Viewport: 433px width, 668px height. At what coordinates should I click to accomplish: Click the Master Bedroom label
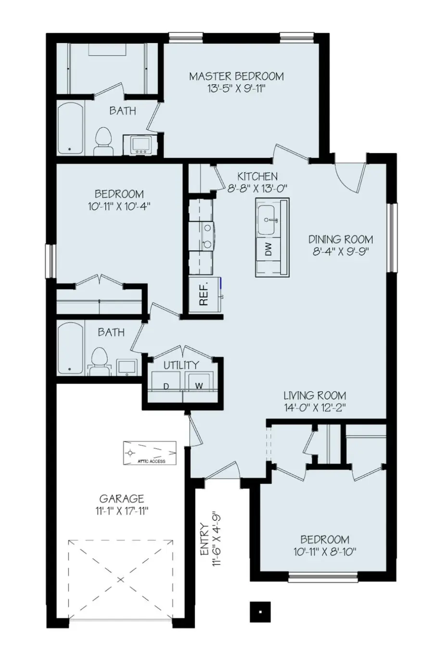[x=236, y=76]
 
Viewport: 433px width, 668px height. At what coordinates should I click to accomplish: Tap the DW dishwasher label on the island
[x=268, y=249]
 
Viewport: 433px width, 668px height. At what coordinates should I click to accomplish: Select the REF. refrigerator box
[x=203, y=295]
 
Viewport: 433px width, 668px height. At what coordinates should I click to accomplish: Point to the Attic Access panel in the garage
[x=150, y=453]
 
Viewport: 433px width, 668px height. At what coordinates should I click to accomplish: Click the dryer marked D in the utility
[x=166, y=386]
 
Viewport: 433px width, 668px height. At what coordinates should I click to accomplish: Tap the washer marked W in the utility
[x=198, y=386]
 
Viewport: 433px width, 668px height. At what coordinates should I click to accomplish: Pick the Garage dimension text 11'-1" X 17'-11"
[x=122, y=510]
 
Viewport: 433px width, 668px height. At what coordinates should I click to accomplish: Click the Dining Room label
[x=340, y=239]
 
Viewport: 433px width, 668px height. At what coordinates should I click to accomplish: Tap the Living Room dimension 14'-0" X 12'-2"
[x=315, y=407]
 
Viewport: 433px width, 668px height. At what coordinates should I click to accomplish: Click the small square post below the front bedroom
[x=260, y=612]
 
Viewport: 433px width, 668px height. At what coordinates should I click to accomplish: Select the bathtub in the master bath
[x=71, y=128]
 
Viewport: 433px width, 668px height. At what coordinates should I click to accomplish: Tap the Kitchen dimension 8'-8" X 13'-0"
[x=257, y=189]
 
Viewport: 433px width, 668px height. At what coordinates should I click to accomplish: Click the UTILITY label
[x=181, y=365]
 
